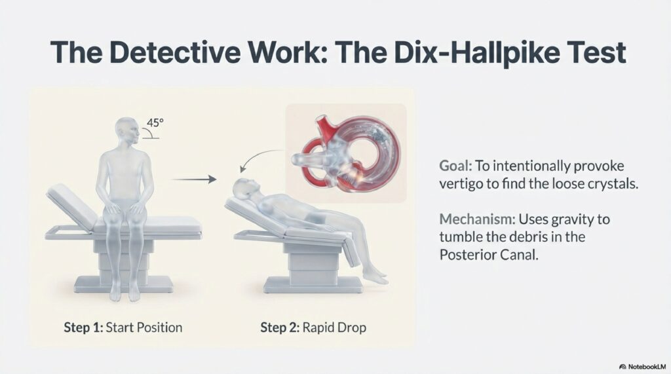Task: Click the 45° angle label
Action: [x=155, y=122]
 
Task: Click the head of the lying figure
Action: [x=245, y=188]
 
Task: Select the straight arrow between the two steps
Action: [x=193, y=179]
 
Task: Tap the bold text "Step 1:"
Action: [x=83, y=327]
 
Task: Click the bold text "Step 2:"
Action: [x=280, y=327]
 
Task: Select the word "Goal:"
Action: [x=456, y=166]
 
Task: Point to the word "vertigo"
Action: [x=461, y=185]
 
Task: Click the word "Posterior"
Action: [x=463, y=255]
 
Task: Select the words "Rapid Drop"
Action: [x=334, y=327]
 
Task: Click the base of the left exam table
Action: [x=124, y=284]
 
